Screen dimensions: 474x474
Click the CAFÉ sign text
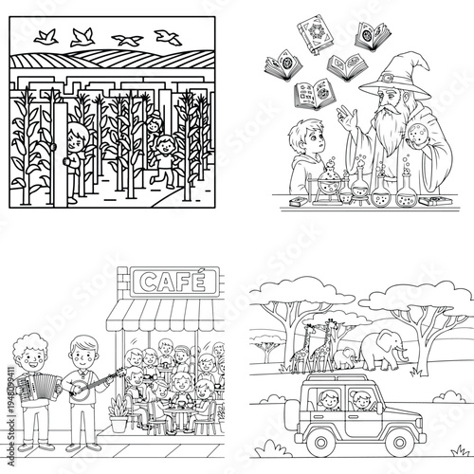pyautogui.click(x=174, y=281)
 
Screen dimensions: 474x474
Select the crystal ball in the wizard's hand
pyautogui.click(x=415, y=146)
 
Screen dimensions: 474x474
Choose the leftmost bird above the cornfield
pyautogui.click(x=44, y=38)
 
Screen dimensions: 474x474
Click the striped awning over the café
pyautogui.click(x=176, y=313)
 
